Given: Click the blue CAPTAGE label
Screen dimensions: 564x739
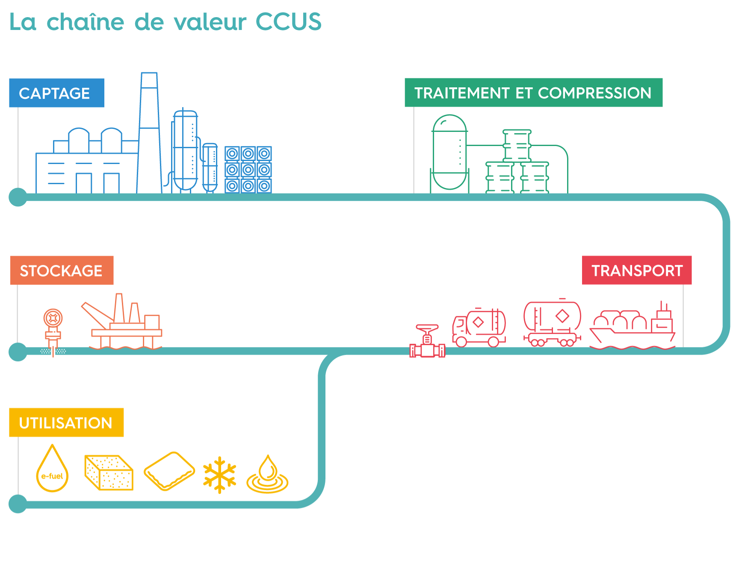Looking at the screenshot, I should point(56,93).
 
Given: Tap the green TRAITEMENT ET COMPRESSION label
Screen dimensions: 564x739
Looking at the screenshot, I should point(533,93).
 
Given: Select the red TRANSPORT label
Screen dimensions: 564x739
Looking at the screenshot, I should point(636,270).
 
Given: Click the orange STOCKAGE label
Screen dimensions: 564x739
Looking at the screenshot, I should point(62,270).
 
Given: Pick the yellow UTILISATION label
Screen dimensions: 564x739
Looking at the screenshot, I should point(66,423).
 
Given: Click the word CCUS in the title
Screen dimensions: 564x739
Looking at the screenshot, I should point(289,22).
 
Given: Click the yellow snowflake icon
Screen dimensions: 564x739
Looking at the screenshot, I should point(219,474).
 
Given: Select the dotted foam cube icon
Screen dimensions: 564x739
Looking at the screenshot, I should point(109,472).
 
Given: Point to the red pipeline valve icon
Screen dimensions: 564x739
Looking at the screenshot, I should point(427,343).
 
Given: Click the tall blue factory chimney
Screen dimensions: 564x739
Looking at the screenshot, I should point(149,133).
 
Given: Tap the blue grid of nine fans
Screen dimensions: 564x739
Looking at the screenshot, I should point(248,170).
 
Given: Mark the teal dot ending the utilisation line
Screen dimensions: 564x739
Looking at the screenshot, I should point(18,504).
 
